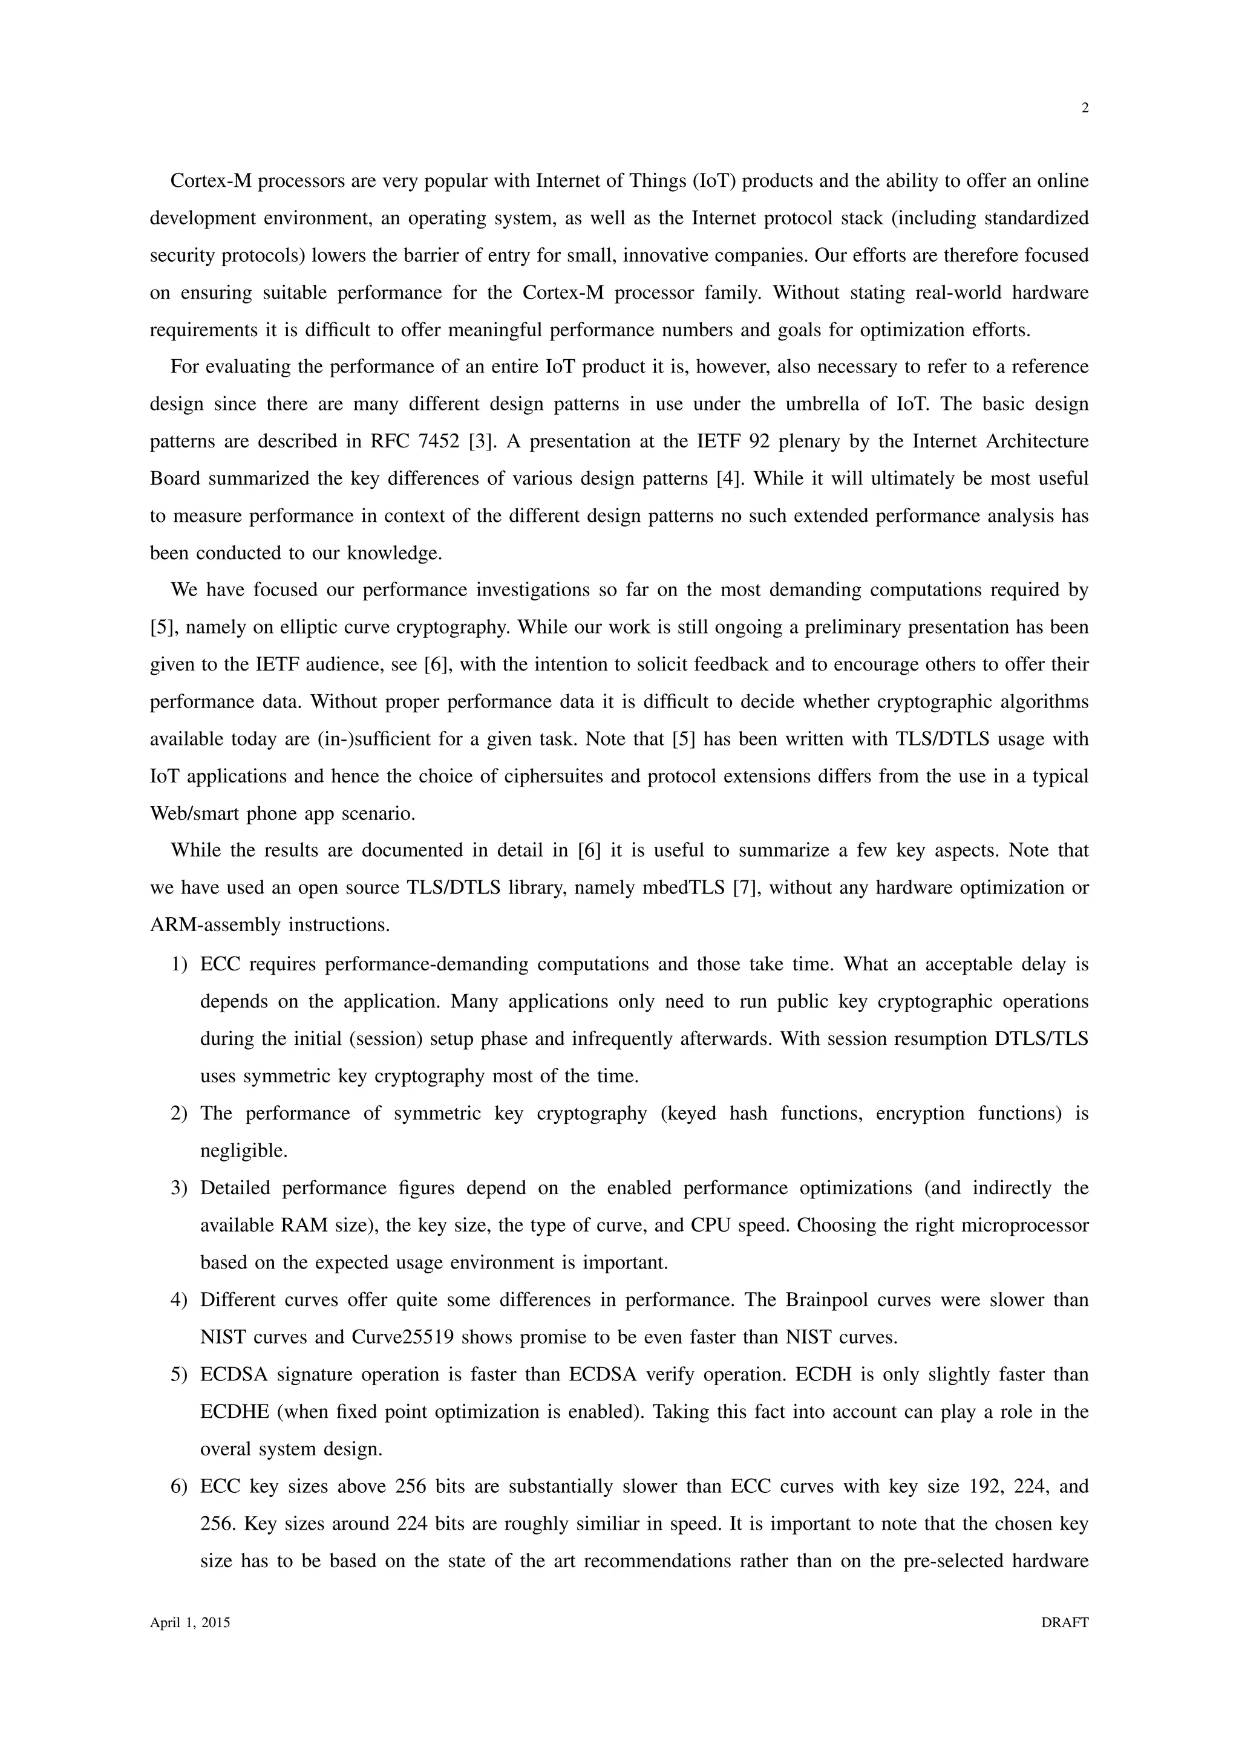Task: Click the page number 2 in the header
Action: [x=1085, y=108]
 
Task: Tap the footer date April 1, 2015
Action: [x=190, y=1623]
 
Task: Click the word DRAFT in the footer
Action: [x=1064, y=1623]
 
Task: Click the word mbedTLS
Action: [x=684, y=888]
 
